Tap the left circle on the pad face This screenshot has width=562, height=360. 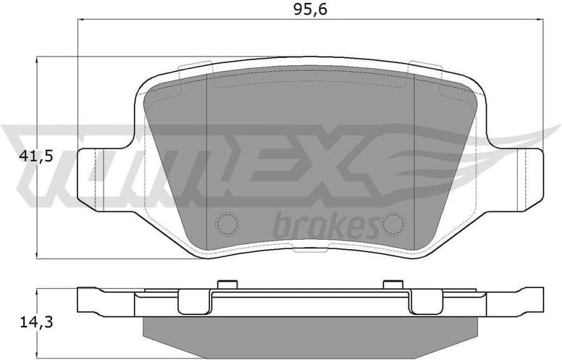[x=227, y=224]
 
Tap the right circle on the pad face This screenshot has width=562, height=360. [x=393, y=224]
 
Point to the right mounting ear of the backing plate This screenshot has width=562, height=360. [x=527, y=179]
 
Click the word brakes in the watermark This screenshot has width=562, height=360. [x=325, y=227]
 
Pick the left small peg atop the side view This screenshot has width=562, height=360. [x=227, y=283]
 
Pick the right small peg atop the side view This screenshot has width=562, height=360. [x=393, y=283]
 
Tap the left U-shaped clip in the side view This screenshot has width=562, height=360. [x=193, y=303]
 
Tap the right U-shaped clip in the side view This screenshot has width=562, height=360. [x=426, y=303]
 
